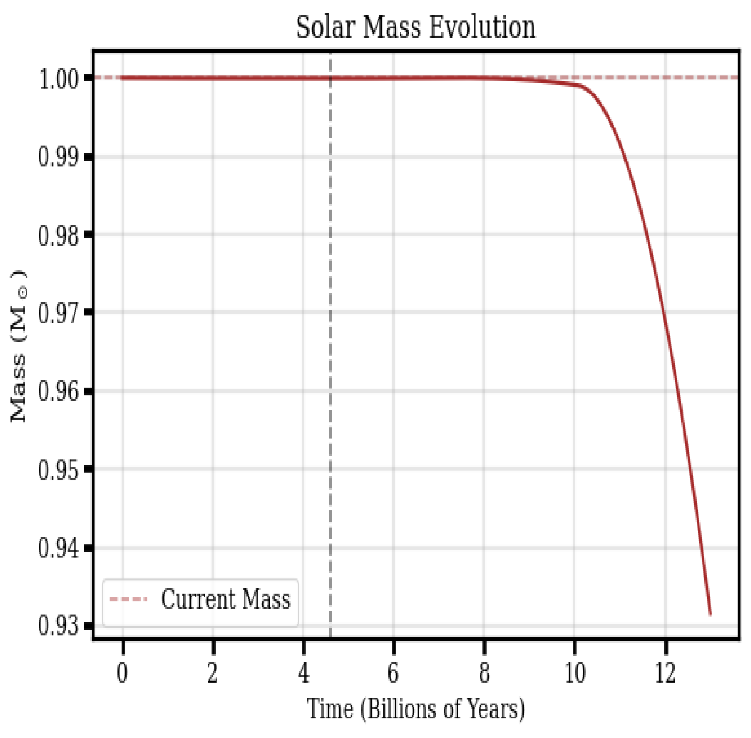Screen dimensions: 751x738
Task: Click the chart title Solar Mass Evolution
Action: pyautogui.click(x=416, y=27)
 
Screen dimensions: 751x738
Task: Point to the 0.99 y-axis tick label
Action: pyautogui.click(x=58, y=157)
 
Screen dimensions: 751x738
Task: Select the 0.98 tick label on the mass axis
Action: pyautogui.click(x=58, y=235)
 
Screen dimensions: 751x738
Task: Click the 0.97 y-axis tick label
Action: pyautogui.click(x=58, y=313)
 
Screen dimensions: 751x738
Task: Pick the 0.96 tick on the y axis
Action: pyautogui.click(x=58, y=391)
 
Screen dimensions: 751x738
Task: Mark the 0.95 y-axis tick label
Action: pyautogui.click(x=58, y=470)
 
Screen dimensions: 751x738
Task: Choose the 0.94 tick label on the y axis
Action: pyautogui.click(x=58, y=548)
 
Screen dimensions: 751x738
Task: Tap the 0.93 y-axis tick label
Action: pyautogui.click(x=58, y=626)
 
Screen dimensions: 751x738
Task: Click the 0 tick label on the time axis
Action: pyautogui.click(x=122, y=673)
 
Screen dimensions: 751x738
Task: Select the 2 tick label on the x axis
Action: pyautogui.click(x=213, y=673)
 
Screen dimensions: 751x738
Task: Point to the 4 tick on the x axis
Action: pyautogui.click(x=304, y=673)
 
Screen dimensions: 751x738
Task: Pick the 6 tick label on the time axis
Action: pyautogui.click(x=393, y=673)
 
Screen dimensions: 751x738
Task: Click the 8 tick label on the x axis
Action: pyautogui.click(x=484, y=673)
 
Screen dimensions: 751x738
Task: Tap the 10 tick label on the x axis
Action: pyautogui.click(x=575, y=673)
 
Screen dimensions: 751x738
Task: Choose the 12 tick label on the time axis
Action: pyautogui.click(x=665, y=673)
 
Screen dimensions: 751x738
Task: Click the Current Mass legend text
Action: pyautogui.click(x=226, y=599)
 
